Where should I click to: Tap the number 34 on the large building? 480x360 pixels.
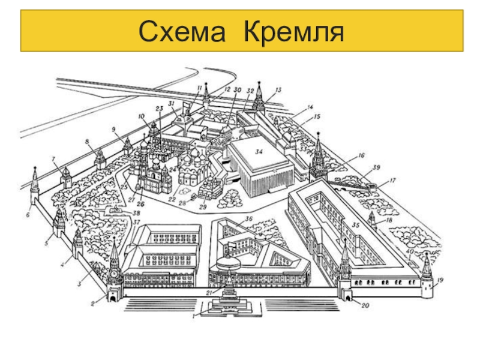pyautogui.click(x=259, y=151)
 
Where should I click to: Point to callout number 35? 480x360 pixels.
pyautogui.click(x=356, y=226)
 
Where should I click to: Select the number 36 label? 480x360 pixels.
pyautogui.click(x=248, y=218)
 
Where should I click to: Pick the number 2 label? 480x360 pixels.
pyautogui.click(x=93, y=304)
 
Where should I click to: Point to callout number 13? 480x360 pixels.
pyautogui.click(x=277, y=90)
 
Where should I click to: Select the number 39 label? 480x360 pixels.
pyautogui.click(x=377, y=167)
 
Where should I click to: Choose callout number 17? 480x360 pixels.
pyautogui.click(x=392, y=180)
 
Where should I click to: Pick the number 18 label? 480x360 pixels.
pyautogui.click(x=389, y=221)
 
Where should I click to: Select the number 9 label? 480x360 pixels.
pyautogui.click(x=113, y=128)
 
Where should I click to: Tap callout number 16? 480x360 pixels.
pyautogui.click(x=361, y=155)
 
